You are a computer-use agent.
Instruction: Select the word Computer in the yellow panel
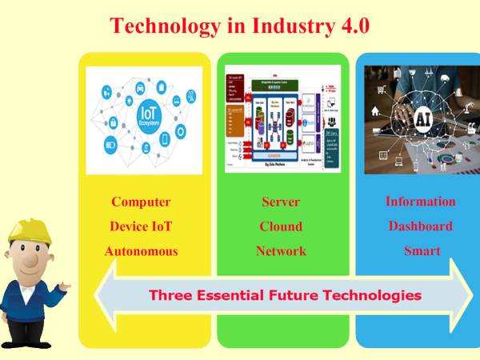point(141,202)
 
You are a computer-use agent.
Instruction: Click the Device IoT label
point(141,226)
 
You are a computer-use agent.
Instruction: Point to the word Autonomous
point(141,251)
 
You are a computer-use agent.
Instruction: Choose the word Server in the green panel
point(281,202)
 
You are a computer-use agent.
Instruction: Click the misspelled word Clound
point(281,226)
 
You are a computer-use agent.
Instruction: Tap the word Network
point(281,251)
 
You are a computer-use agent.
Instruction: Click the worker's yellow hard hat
point(30,233)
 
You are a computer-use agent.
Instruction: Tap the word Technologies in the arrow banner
point(372,295)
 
